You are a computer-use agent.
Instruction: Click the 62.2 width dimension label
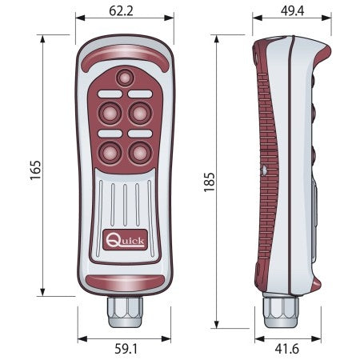pyautogui.click(x=121, y=11)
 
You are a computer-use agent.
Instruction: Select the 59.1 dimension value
pyautogui.click(x=126, y=349)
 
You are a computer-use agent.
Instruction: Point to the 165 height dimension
pyautogui.click(x=35, y=170)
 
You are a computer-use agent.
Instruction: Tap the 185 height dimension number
pyautogui.click(x=210, y=182)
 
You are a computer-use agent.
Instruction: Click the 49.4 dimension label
pyautogui.click(x=292, y=11)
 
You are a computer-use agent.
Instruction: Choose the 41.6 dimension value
pyautogui.click(x=287, y=349)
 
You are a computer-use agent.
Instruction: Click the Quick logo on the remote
pyautogui.click(x=125, y=240)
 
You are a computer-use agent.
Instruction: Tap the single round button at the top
pyautogui.click(x=125, y=78)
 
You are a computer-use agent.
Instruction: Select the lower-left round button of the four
pyautogui.click(x=110, y=153)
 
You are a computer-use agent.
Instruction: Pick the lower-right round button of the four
pyautogui.click(x=140, y=153)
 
